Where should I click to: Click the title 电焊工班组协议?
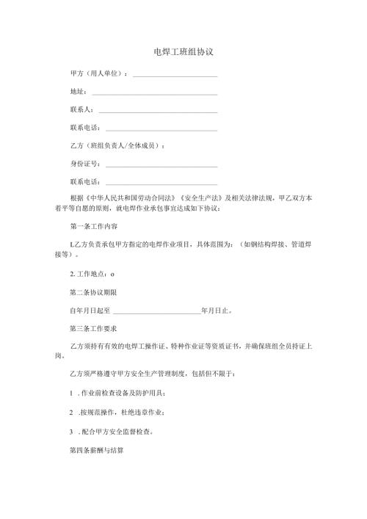[183, 53]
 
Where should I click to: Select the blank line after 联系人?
[158, 111]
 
